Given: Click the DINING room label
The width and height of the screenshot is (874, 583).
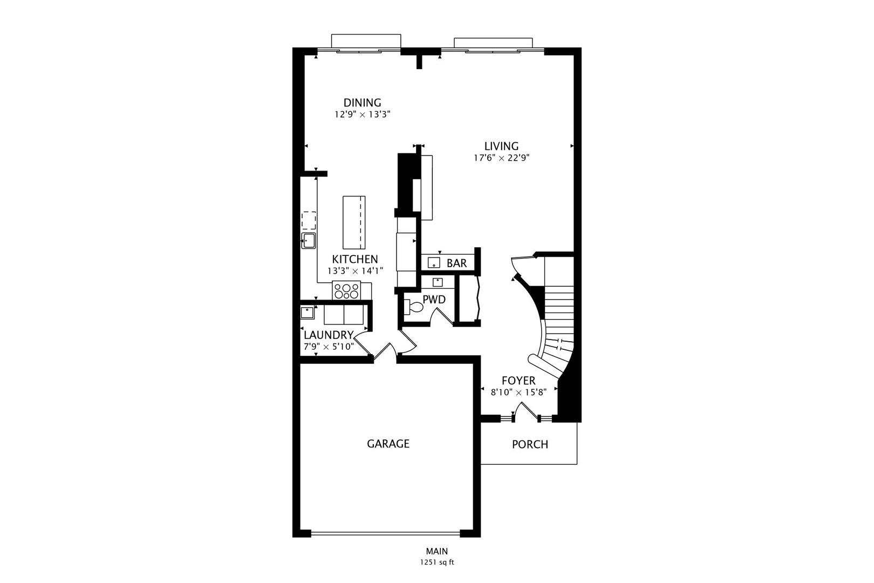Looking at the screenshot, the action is coord(362,103).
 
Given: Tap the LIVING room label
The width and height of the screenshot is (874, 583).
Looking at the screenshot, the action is coord(501,146).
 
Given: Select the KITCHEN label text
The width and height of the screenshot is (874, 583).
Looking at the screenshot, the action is coord(355,259).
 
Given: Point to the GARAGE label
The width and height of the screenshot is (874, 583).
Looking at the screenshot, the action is coord(388,444).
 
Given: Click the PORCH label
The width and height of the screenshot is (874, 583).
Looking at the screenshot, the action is coord(530,444).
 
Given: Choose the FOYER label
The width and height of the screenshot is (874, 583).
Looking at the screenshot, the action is coord(518,381).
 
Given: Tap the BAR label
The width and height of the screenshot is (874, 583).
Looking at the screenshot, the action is coord(456,263).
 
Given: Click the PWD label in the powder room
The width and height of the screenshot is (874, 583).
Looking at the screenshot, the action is coord(434,300).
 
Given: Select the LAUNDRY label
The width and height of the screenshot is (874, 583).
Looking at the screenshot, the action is coord(329,335).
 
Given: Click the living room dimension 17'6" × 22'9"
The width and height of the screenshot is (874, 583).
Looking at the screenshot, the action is coord(501,158).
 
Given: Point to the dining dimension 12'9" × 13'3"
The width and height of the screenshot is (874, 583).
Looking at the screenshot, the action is coord(363,114).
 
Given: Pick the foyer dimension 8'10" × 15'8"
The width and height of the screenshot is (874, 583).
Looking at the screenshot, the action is coord(518,392).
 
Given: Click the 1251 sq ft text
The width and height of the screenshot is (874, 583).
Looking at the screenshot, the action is coord(437,562).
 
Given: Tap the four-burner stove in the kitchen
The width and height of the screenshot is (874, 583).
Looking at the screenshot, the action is coord(346,290).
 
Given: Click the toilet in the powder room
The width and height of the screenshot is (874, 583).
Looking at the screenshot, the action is coord(413,307).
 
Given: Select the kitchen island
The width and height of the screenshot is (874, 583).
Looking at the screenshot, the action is coord(354,222).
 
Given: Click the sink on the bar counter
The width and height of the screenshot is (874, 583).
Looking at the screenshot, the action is coord(434,263).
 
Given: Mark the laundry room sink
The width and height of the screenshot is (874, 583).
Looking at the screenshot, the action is coord(308,313).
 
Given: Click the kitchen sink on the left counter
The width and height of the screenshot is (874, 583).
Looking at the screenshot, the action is coord(308,241).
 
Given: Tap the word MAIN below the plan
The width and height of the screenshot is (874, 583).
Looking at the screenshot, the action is coord(437,551).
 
